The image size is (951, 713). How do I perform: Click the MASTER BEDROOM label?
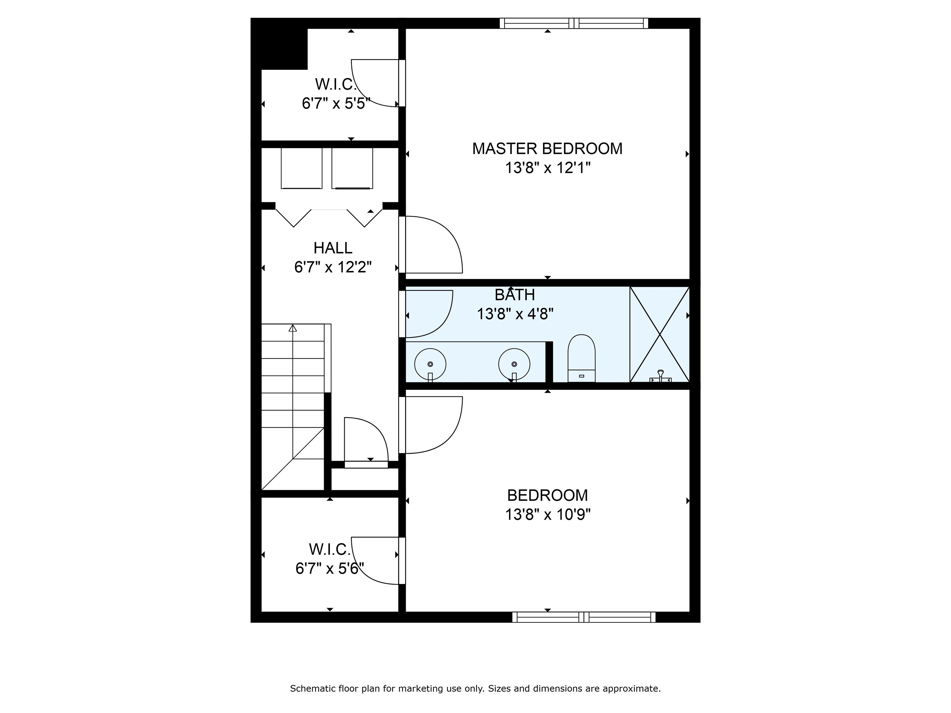[547, 149]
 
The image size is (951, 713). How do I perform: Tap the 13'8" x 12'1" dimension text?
[547, 168]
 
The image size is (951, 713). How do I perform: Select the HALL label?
[333, 248]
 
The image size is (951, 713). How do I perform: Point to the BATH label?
[515, 295]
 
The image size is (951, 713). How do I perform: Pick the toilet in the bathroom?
[581, 358]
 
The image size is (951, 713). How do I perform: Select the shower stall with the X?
[659, 334]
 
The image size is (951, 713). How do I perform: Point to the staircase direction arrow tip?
[293, 325]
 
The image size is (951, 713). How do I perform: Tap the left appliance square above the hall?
[302, 168]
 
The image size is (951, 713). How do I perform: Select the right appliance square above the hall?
[352, 168]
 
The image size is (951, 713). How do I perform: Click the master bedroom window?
[574, 23]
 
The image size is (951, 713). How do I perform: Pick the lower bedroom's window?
[584, 617]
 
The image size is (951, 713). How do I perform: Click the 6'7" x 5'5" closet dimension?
[336, 104]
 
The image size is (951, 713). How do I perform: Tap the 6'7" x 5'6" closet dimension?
[329, 568]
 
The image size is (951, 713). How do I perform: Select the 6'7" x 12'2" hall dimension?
[333, 267]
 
